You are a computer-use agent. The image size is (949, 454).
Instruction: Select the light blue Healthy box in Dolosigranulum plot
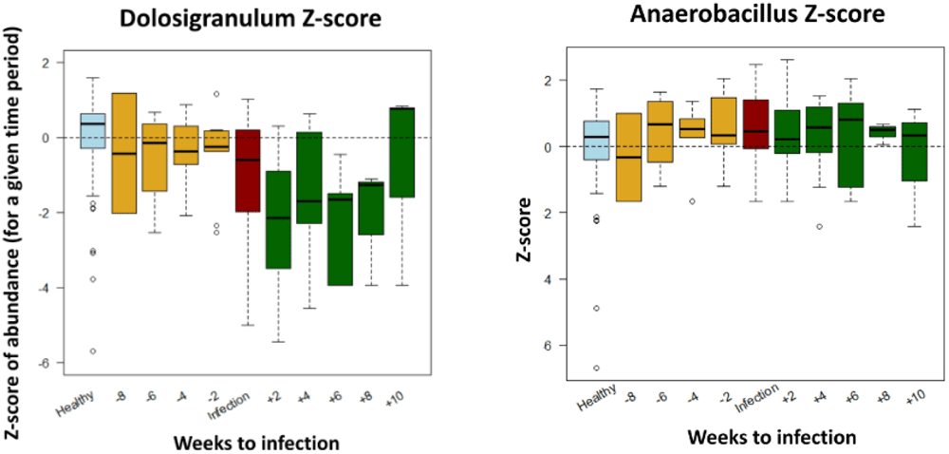coord(92,131)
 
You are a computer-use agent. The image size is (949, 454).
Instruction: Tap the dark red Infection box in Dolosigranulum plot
coord(248,171)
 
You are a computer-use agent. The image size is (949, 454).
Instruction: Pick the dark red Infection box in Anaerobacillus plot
coord(755,124)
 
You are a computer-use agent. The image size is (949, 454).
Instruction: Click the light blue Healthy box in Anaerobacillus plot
coord(596,141)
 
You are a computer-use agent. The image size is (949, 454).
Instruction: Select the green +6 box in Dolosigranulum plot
coord(341,239)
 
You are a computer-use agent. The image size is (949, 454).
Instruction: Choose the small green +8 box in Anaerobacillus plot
coord(883,131)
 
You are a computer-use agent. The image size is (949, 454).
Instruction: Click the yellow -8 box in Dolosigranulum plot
coord(123,153)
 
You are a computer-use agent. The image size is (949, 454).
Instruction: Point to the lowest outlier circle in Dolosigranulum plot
coord(93,351)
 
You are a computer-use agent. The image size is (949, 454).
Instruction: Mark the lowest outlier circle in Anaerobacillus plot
coord(596,368)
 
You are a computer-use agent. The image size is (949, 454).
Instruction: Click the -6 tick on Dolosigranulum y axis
coord(49,364)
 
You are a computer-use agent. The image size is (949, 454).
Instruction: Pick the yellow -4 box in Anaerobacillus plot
coord(692,128)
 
